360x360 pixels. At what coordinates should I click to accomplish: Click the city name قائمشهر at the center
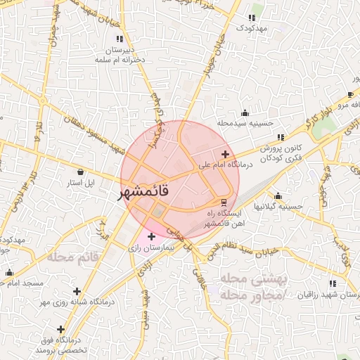pos(145,191)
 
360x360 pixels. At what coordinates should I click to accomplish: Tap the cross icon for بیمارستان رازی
pos(151,236)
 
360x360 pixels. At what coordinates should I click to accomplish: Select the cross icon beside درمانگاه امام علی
pos(225,154)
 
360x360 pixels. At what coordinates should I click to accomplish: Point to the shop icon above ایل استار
pos(79,172)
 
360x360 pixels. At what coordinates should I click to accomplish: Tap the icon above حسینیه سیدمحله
pos(245,112)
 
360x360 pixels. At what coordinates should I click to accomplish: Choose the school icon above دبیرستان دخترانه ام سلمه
pos(120,39)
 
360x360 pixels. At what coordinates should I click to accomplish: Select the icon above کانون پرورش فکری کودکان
pos(281,137)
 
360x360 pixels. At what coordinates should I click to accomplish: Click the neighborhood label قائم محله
pos(73,257)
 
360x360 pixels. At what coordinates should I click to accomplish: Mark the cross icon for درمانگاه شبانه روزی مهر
pos(77,290)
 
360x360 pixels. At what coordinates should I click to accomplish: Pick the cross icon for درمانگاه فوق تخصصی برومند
pos(61,328)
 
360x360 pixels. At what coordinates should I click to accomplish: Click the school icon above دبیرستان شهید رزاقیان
pos(332,283)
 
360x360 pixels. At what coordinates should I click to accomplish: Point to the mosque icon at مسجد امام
pos(9,273)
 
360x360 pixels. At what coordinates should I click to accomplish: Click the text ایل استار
pos(79,183)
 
